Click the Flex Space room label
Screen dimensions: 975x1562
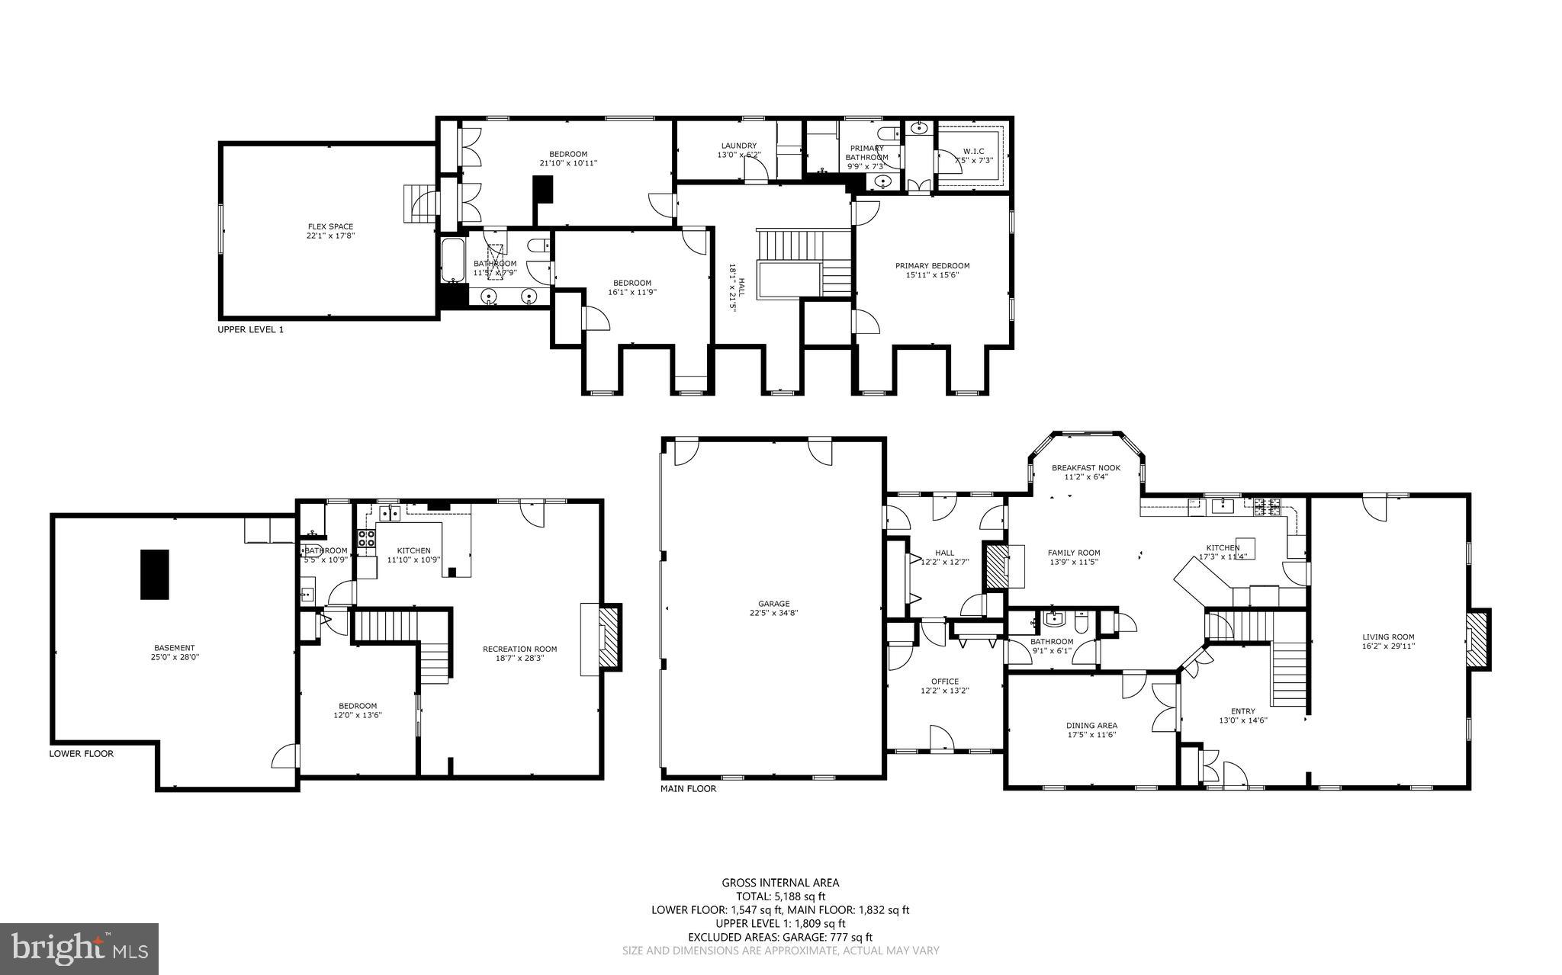tap(330, 226)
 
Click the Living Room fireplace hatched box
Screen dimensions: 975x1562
tap(1479, 640)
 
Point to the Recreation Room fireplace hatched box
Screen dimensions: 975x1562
tap(610, 637)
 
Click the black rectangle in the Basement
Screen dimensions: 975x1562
tap(154, 574)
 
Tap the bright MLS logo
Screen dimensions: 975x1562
tap(79, 948)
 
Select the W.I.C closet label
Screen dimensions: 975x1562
tap(973, 151)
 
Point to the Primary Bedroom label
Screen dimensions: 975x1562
tap(932, 266)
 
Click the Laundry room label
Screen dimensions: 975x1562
tap(738, 146)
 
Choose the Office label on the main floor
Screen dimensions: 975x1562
tap(945, 682)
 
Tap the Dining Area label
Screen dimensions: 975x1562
tap(1091, 726)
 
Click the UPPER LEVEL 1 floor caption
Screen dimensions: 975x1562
tap(250, 330)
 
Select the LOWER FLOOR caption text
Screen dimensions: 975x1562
tap(81, 754)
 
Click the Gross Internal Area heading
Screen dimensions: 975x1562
tap(780, 883)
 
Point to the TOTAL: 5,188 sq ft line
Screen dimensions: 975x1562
tap(780, 896)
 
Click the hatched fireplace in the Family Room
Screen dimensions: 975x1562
tap(996, 565)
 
